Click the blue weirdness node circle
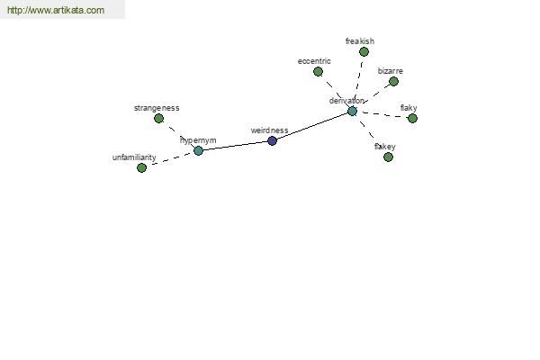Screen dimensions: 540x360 point(272,140)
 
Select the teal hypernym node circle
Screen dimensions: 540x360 point(198,150)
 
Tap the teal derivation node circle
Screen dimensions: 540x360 point(352,111)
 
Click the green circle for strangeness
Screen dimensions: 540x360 point(158,118)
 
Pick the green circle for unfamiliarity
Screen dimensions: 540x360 point(141,167)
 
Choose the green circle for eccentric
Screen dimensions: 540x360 point(318,71)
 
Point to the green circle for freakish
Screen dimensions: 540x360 point(364,51)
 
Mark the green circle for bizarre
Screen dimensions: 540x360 point(393,81)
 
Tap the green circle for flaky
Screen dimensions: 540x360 point(412,118)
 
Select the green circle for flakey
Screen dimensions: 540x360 point(388,157)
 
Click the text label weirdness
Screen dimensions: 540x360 point(269,130)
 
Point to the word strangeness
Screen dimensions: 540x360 point(157,108)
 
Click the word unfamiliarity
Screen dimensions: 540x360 point(134,157)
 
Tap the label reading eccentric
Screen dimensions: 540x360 point(314,61)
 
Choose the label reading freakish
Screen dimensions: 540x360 point(360,41)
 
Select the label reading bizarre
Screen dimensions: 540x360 point(391,71)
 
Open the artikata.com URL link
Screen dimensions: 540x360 point(56,10)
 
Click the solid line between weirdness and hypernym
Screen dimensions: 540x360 point(235,146)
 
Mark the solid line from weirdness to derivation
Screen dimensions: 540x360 point(312,126)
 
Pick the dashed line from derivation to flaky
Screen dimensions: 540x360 point(382,114)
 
